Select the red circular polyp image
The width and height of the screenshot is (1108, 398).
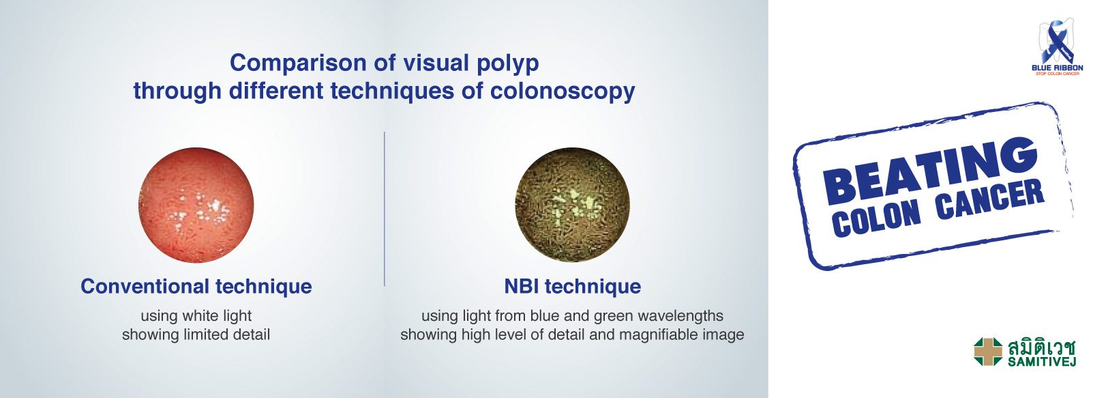pos(196,205)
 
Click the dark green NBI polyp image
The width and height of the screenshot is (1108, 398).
pos(572,205)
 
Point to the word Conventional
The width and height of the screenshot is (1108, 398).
pos(145,287)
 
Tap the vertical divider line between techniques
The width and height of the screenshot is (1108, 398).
pos(385,209)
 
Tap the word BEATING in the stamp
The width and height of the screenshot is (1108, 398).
pos(930,172)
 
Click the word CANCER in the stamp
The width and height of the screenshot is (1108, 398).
pos(990,199)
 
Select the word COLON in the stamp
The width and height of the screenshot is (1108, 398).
pos(876,218)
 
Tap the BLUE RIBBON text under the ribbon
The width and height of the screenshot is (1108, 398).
pos(1058,68)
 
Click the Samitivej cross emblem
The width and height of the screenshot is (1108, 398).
pos(988,352)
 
